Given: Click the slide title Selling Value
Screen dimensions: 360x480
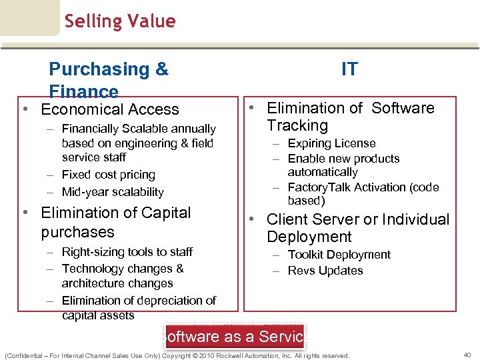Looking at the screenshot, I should point(120,21).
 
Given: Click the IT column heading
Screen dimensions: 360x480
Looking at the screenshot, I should point(349,69).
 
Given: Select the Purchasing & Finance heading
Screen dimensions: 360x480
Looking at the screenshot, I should point(109,79).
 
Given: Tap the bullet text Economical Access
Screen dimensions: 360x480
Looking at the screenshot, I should point(110,109).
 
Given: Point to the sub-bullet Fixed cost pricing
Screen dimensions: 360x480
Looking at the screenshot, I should point(108,175).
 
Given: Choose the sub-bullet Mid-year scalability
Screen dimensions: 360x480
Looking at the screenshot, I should point(113,192).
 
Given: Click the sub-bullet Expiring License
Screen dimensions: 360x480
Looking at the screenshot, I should point(331,143).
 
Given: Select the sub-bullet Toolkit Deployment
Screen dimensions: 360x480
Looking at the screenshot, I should point(339,255).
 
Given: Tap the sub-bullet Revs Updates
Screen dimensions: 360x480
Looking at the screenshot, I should point(325,271).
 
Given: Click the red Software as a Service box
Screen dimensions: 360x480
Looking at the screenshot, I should point(234,336).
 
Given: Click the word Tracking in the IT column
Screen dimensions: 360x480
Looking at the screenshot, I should point(297,125).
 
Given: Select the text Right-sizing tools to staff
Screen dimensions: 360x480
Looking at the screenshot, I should point(127,252).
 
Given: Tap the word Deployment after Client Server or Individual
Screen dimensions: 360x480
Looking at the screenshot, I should point(309,237).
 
